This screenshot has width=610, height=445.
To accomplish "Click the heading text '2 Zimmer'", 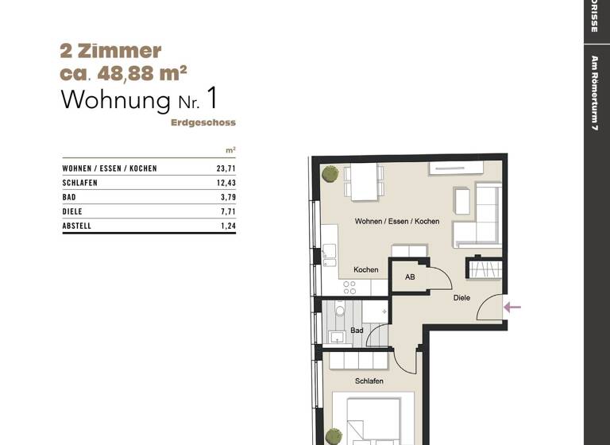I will coord(110,51).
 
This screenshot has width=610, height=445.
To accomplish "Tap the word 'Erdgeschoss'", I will coord(203,123).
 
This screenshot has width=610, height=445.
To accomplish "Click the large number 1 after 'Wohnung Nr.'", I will coord(210,99).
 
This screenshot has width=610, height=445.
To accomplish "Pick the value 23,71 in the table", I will coord(226,168).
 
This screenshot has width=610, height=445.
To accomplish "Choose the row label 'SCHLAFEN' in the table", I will coord(81,183).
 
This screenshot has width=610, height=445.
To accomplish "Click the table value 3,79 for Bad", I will coord(228,197).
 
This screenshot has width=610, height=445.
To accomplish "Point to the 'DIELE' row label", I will coord(72,211).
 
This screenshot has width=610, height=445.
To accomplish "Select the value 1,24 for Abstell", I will coord(228,226).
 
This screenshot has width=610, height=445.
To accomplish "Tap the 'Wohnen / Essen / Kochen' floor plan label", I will coord(396,221).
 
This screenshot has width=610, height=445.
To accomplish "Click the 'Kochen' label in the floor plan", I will coord(365,270).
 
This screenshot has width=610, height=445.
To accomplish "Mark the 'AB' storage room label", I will coord(410,277).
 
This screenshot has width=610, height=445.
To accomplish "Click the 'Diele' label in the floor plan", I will coord(461,298).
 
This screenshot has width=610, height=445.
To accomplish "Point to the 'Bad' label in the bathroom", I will coord(357,330).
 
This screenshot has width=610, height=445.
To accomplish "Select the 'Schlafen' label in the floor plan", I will coord(369,381).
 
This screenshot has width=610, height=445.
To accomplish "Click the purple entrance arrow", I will coord(513,307).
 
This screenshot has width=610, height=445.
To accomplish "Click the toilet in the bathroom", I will coord(341,311).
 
